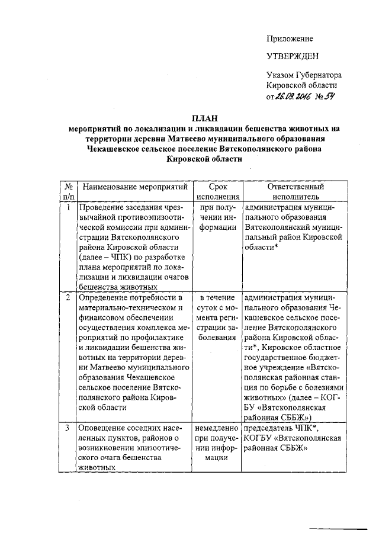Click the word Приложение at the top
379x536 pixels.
click(290, 38)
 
